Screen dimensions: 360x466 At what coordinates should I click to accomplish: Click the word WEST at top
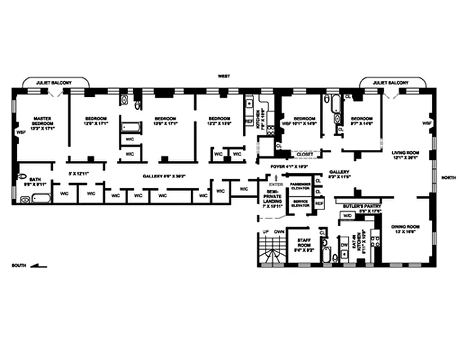click(224, 76)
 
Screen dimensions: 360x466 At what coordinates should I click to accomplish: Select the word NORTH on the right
click(448, 177)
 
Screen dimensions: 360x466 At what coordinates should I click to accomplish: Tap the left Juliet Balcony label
click(56, 83)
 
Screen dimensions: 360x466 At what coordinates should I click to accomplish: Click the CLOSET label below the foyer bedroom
click(305, 154)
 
